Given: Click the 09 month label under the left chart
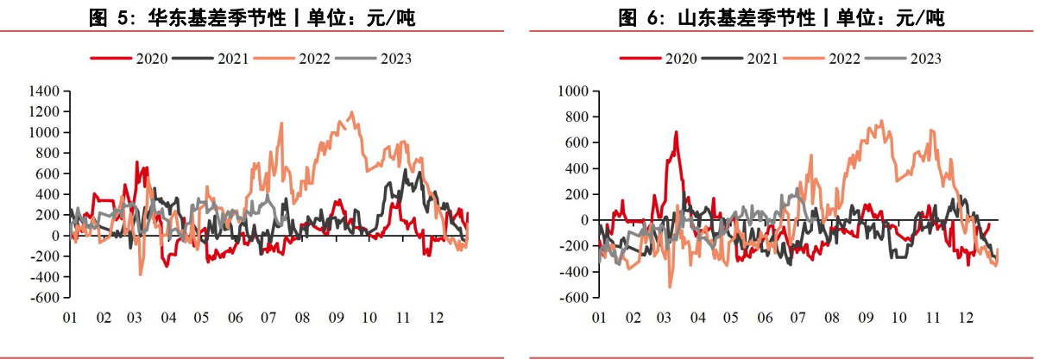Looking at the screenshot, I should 336,318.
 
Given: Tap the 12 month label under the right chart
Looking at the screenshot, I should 965,318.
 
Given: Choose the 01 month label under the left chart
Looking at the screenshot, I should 70,318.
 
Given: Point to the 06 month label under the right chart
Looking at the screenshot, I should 765,318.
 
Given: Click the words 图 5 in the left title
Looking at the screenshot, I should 107,17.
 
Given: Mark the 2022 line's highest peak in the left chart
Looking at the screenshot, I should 351,112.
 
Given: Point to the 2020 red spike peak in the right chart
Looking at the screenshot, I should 676,132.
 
